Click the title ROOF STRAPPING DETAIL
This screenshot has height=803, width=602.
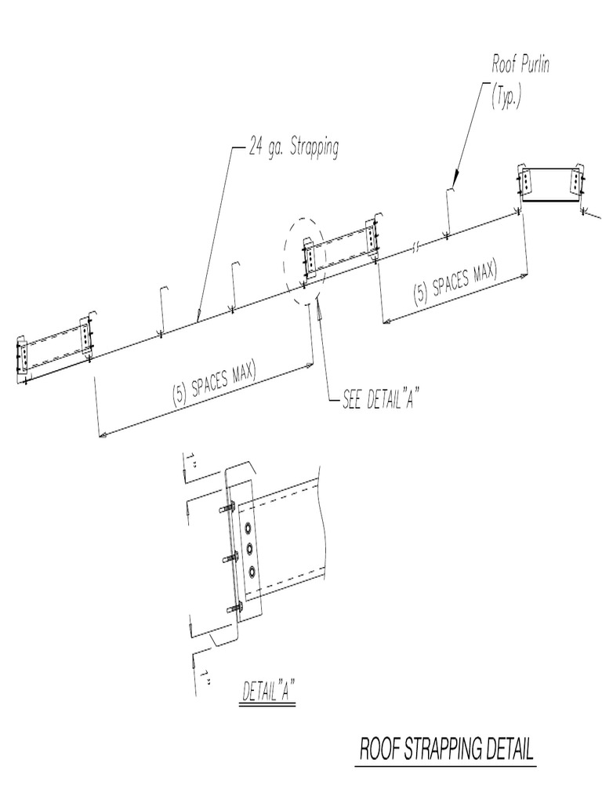[x=447, y=750]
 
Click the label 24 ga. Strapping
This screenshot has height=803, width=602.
[x=294, y=148]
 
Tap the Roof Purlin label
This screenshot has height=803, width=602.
[x=520, y=65]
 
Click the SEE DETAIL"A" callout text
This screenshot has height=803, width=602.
[x=378, y=399]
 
